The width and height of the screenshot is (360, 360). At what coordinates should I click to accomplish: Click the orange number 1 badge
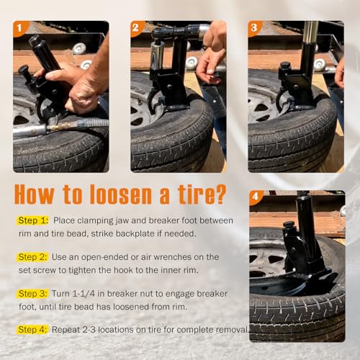[19, 28]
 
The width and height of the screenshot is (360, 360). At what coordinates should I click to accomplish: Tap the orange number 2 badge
[137, 28]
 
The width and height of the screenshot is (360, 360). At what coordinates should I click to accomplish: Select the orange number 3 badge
[254, 28]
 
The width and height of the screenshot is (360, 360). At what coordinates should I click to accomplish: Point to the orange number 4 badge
[256, 197]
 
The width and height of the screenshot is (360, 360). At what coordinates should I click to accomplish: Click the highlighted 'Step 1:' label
[33, 220]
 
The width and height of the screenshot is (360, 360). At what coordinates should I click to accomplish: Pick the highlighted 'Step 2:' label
[33, 257]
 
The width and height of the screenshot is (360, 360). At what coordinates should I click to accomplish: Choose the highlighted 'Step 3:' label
[33, 294]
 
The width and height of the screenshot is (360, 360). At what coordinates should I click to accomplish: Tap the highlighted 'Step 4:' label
[33, 330]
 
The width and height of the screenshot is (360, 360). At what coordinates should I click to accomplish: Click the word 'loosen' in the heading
[121, 194]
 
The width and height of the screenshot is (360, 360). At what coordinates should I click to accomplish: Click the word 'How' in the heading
[35, 194]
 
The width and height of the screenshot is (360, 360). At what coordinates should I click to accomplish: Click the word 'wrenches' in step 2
[173, 257]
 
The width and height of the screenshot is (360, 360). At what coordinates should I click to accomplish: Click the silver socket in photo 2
[158, 55]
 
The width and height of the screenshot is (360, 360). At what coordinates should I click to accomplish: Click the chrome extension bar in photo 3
[310, 33]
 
